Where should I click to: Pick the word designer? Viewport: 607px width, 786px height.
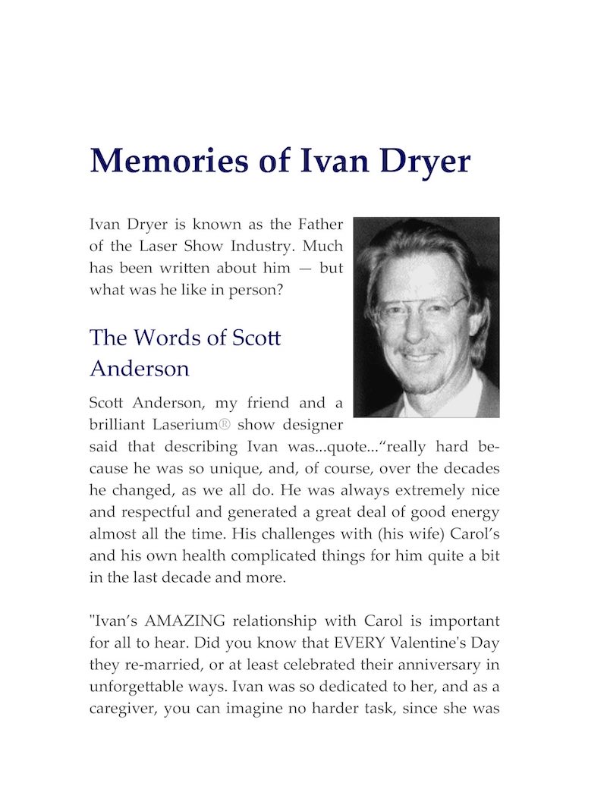(x=312, y=423)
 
